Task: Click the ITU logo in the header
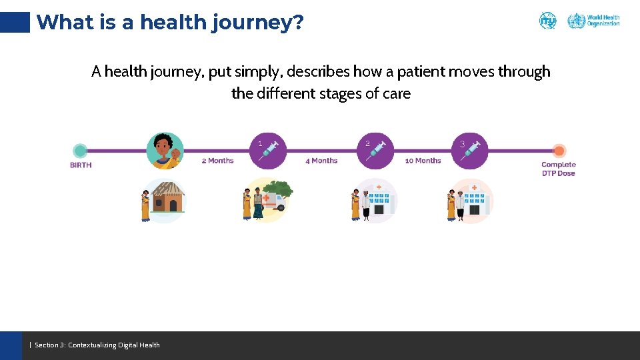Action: pyautogui.click(x=547, y=21)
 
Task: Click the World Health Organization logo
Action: pyautogui.click(x=593, y=21)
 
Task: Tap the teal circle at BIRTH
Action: pyautogui.click(x=80, y=151)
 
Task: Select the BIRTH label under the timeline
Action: pyautogui.click(x=81, y=165)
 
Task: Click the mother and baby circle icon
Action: pyautogui.click(x=165, y=151)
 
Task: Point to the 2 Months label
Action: pyautogui.click(x=217, y=161)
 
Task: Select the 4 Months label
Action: pyautogui.click(x=321, y=161)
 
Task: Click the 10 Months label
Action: pyautogui.click(x=423, y=161)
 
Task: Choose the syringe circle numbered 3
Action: pyautogui.click(x=469, y=151)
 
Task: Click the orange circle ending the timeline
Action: pyautogui.click(x=559, y=151)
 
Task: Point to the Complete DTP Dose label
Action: pyautogui.click(x=558, y=169)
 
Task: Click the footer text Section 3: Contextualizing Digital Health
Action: pyautogui.click(x=97, y=345)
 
